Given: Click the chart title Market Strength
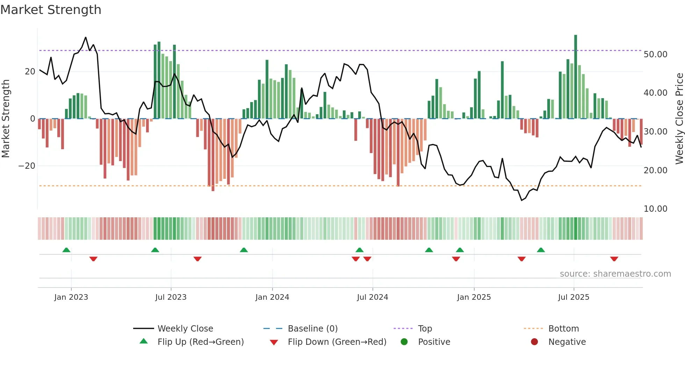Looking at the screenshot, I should click(51, 10).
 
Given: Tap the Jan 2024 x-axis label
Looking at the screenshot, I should click(272, 297).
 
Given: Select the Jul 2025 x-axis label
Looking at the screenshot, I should click(574, 297).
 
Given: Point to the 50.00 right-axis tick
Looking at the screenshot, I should click(655, 55).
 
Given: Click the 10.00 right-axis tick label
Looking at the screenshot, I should click(655, 209).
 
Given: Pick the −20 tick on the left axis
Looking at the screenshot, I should click(27, 166).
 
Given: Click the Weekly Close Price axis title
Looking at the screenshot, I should click(679, 119).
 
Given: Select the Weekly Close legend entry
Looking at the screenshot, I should click(185, 329).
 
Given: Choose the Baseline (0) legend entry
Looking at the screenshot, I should click(312, 329).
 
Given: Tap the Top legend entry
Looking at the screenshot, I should click(425, 329).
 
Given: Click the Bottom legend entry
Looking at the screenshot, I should click(563, 329).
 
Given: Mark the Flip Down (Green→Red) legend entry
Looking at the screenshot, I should click(337, 342).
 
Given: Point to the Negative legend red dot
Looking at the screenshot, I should click(534, 342).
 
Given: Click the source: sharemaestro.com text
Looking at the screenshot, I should click(615, 274).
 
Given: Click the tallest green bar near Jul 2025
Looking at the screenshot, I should click(576, 77).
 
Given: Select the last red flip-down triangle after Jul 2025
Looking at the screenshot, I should click(614, 259).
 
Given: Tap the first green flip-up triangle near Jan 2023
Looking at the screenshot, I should click(66, 250).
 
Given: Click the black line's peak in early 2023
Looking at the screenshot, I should click(86, 37).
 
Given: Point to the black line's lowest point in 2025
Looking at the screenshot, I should click(521, 200).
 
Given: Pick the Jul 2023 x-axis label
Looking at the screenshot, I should click(171, 297).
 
